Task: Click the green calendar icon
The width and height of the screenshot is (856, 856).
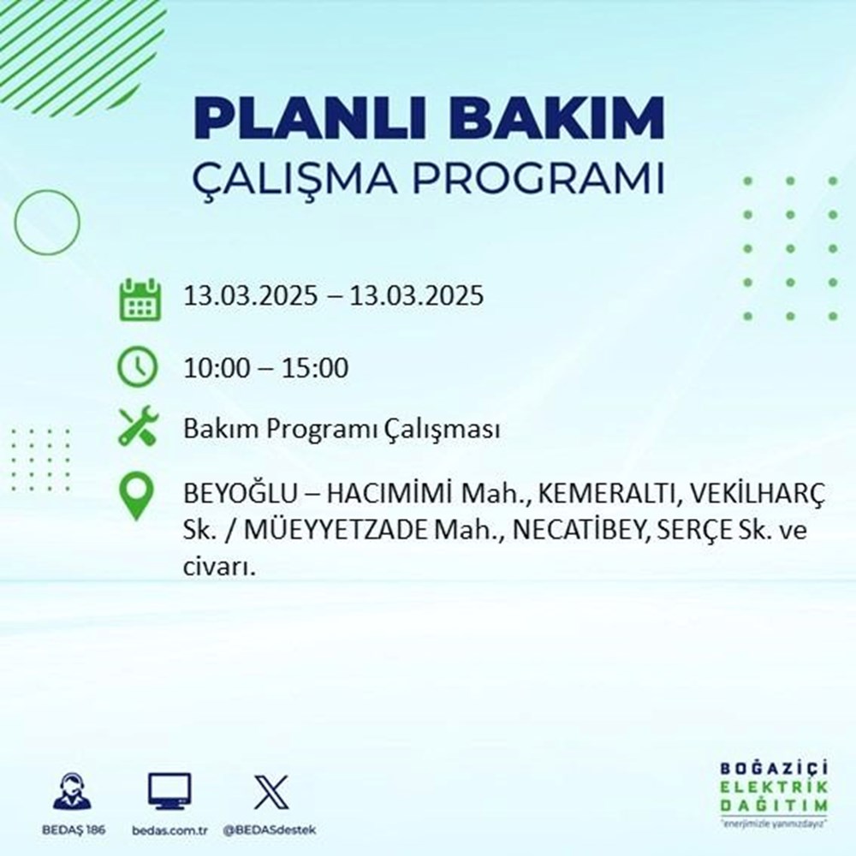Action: [138, 298]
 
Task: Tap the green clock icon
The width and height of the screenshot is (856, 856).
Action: [138, 368]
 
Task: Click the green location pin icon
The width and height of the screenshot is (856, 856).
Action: [138, 496]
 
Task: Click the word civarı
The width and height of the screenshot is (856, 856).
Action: [220, 567]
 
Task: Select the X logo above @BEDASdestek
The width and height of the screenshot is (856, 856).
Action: [270, 791]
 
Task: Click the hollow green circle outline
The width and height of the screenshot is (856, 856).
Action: [47, 222]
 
